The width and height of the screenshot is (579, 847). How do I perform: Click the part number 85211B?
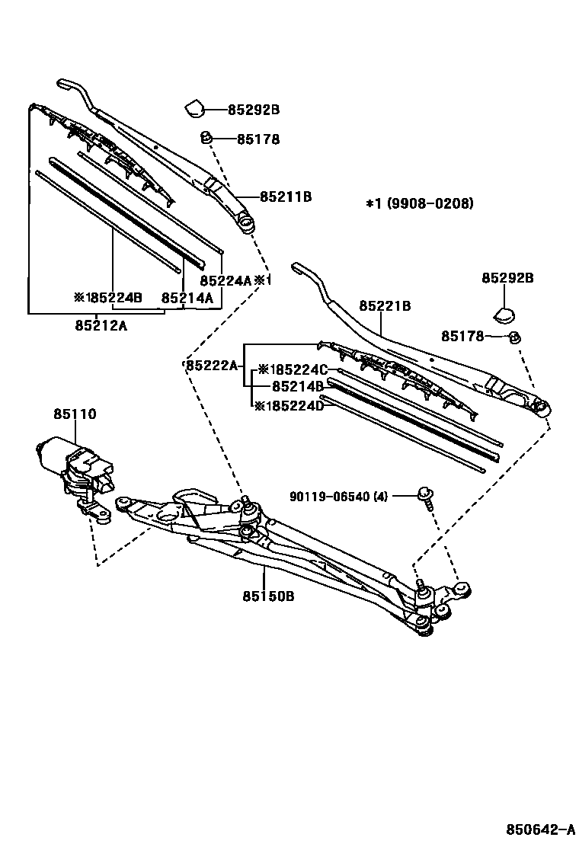(x=286, y=197)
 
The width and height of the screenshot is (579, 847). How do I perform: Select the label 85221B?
(x=385, y=306)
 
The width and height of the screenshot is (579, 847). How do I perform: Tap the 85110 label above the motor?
(x=75, y=414)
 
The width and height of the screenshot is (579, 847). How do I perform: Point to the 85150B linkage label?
(x=268, y=596)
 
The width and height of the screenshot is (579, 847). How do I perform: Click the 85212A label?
(x=101, y=325)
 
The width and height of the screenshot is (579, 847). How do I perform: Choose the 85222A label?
(x=213, y=366)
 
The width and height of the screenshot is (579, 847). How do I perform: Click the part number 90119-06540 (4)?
(x=338, y=497)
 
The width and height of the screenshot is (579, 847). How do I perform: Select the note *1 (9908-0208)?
(x=419, y=203)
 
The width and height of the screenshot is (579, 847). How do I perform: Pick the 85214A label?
(x=187, y=298)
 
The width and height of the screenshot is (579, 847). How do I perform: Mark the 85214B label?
(x=298, y=387)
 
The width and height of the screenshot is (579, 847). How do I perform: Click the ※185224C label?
(x=293, y=370)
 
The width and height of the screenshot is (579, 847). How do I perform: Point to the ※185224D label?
(x=289, y=406)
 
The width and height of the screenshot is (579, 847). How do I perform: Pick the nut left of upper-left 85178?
(x=206, y=138)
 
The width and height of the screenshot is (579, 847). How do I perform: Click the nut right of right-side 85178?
(x=514, y=337)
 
